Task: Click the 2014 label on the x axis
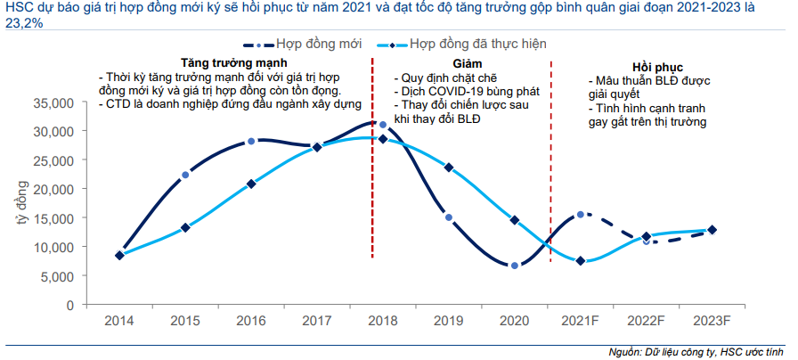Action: point(118,319)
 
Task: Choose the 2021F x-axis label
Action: point(580,319)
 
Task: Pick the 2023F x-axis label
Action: point(712,319)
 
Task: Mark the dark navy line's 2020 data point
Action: point(514,266)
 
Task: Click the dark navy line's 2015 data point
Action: point(184,175)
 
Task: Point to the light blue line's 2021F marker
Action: point(580,261)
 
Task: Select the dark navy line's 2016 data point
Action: point(251,141)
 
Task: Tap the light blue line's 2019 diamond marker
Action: point(448,168)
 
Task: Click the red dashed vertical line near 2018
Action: point(371,178)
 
